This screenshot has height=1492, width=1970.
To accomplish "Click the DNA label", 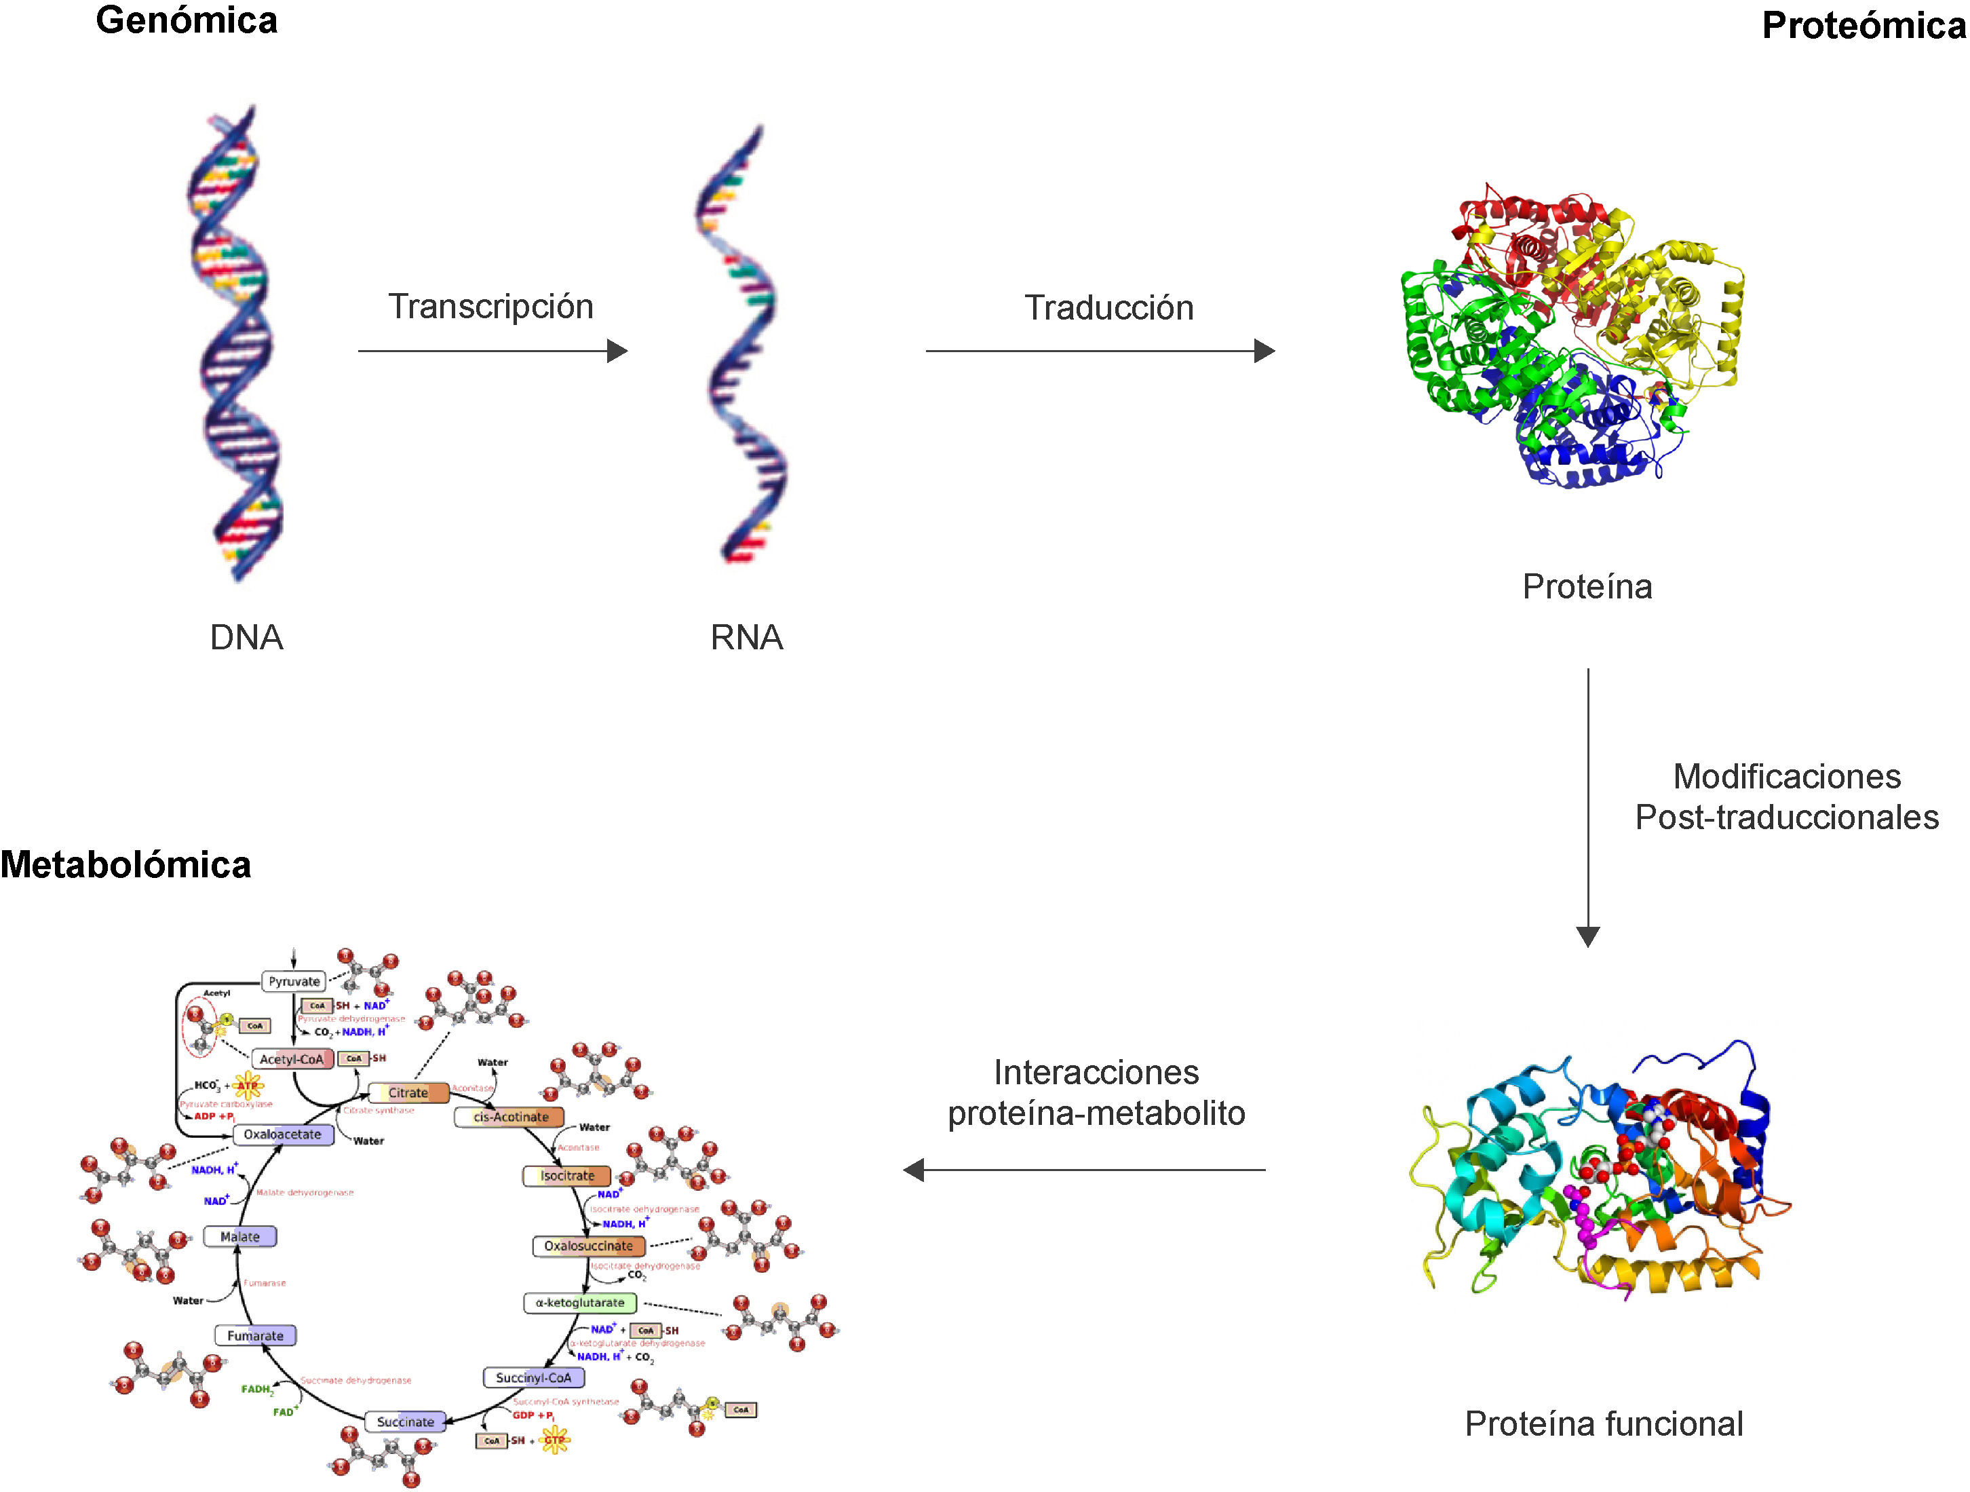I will click(x=247, y=638).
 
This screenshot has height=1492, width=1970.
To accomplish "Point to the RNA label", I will click(x=746, y=638).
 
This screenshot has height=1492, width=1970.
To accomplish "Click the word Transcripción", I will click(x=490, y=307).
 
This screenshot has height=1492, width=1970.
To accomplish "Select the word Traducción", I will click(x=1108, y=308).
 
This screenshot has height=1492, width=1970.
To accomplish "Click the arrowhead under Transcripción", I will click(x=618, y=351).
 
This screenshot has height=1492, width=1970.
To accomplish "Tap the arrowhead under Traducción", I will click(x=1264, y=351).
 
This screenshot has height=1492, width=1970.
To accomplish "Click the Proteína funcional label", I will click(x=1604, y=1424).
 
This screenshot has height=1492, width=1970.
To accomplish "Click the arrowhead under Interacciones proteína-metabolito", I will click(x=914, y=1170).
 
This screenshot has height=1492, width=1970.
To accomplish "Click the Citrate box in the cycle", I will click(x=408, y=1093).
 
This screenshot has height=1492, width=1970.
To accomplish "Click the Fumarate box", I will click(x=254, y=1336).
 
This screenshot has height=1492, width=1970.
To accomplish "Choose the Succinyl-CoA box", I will click(x=533, y=1378).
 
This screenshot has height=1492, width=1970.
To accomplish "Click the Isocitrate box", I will click(x=566, y=1176).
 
